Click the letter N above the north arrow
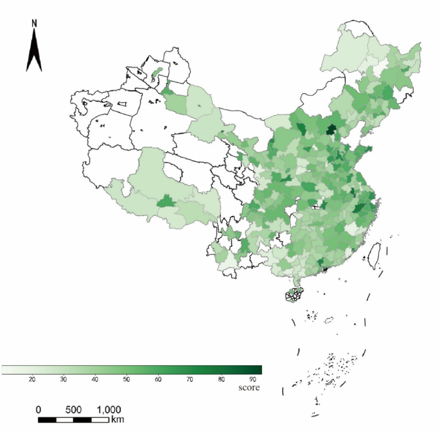tap(35, 23)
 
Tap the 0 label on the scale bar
tap(39, 410)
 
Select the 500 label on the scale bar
tap(73, 410)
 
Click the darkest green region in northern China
tap(331, 130)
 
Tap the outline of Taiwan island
tap(372, 256)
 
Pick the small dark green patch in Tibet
tap(166, 202)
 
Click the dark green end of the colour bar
tap(257, 370)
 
